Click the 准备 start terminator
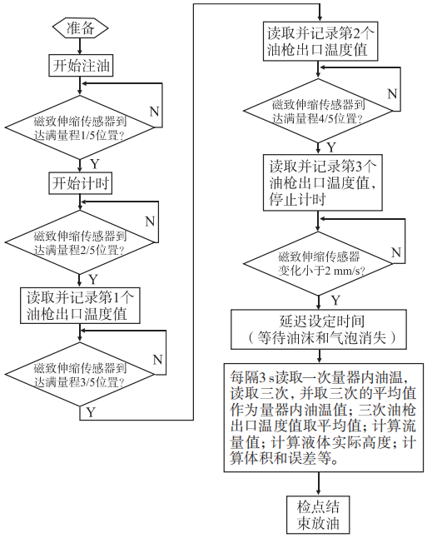81,27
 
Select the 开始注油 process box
81,64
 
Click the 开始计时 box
81,182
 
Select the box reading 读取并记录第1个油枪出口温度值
81,306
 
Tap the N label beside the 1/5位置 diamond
154,112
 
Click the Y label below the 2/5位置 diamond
93,278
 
